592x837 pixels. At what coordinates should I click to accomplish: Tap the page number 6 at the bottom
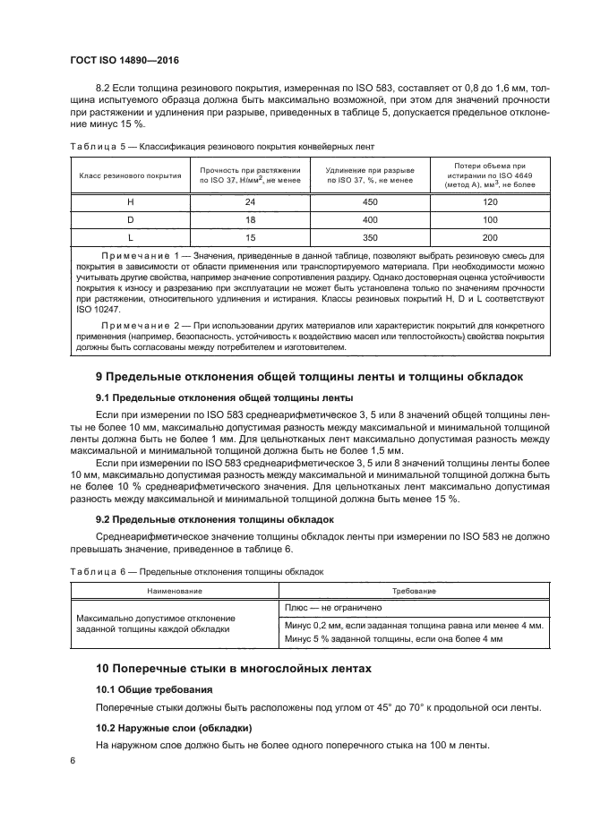coord(73,761)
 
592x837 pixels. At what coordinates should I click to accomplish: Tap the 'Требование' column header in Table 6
coord(414,591)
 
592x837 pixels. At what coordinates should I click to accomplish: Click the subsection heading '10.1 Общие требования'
coord(155,689)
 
